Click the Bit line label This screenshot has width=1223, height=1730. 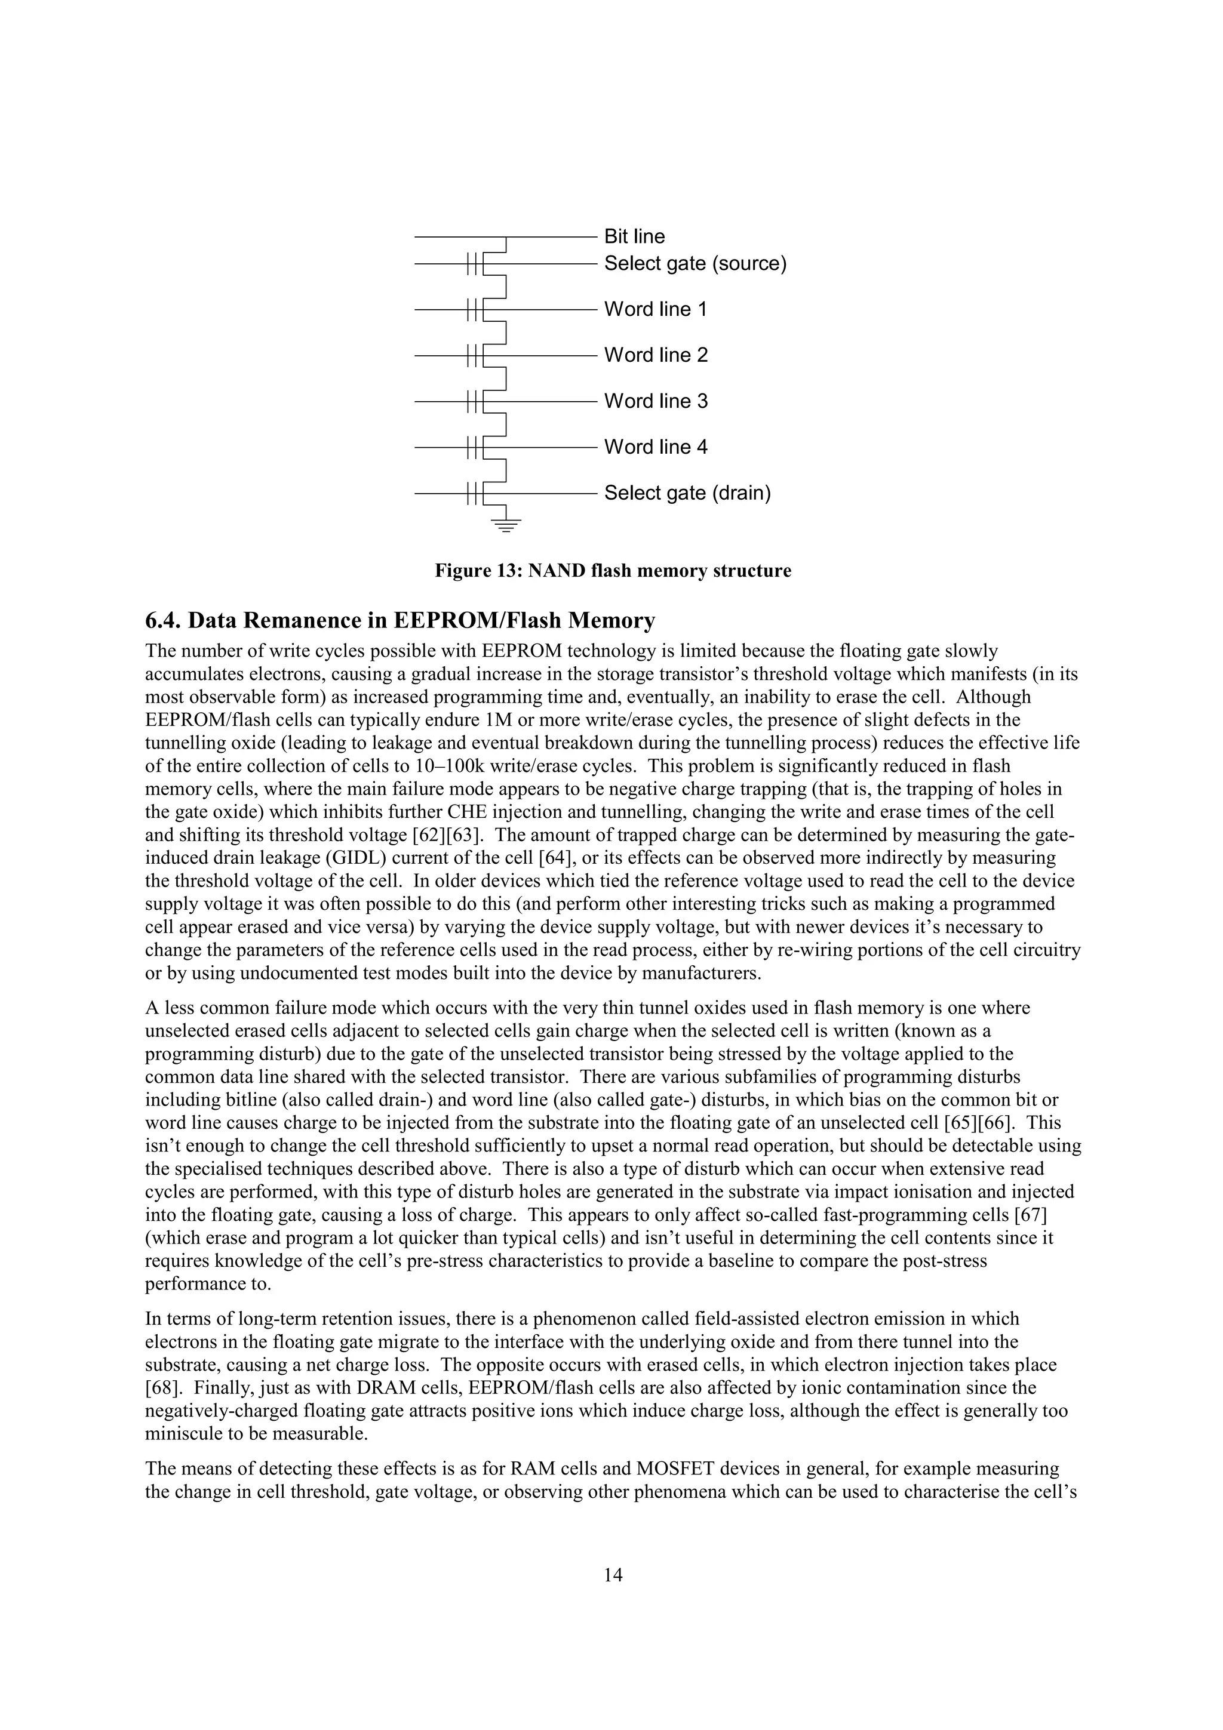click(x=634, y=236)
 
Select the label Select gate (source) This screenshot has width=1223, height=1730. click(x=695, y=264)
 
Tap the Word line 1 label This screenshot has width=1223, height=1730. click(x=656, y=310)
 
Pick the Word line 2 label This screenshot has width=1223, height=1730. click(x=656, y=356)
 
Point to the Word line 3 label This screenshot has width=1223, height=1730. click(x=656, y=402)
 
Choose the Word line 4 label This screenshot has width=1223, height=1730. click(x=656, y=448)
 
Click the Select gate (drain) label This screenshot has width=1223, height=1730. click(x=687, y=494)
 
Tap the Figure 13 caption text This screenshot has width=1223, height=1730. click(x=613, y=571)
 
